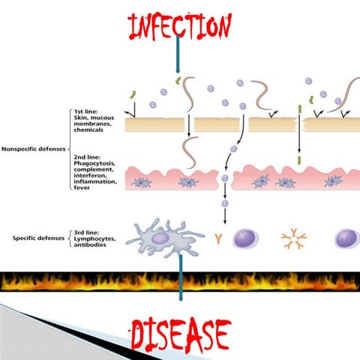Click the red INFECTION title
click(x=180, y=26)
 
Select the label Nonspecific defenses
click(x=34, y=149)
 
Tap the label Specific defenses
click(x=38, y=238)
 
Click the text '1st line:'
click(x=85, y=112)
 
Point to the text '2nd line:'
click(x=87, y=157)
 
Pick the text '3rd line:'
click(x=86, y=232)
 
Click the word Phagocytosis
click(x=94, y=163)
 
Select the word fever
click(x=82, y=187)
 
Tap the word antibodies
click(x=90, y=244)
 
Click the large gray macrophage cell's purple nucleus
click(x=160, y=238)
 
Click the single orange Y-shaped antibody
click(x=218, y=238)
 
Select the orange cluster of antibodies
click(x=294, y=238)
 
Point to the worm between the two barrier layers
click(x=190, y=152)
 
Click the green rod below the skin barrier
click(x=299, y=160)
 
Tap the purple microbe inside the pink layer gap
click(x=225, y=178)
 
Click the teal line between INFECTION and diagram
click(x=178, y=53)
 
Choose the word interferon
click(x=90, y=175)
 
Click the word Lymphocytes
click(x=94, y=238)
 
